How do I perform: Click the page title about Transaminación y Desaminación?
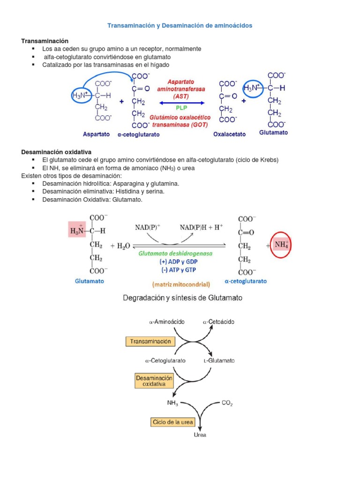[x=180, y=25]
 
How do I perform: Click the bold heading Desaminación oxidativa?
[x=56, y=152]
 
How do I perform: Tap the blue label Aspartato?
[x=96, y=134]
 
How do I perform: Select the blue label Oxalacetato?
[x=229, y=134]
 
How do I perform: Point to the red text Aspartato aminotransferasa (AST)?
[x=181, y=88]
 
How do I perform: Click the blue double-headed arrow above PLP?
[x=182, y=102]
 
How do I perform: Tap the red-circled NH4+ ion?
[x=282, y=245]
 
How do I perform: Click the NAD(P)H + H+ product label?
[x=202, y=227]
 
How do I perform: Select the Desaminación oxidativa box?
[x=154, y=381]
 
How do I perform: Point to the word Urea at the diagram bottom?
[x=200, y=435]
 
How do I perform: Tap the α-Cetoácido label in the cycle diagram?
[x=218, y=322]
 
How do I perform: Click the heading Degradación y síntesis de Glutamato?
[x=182, y=298]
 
